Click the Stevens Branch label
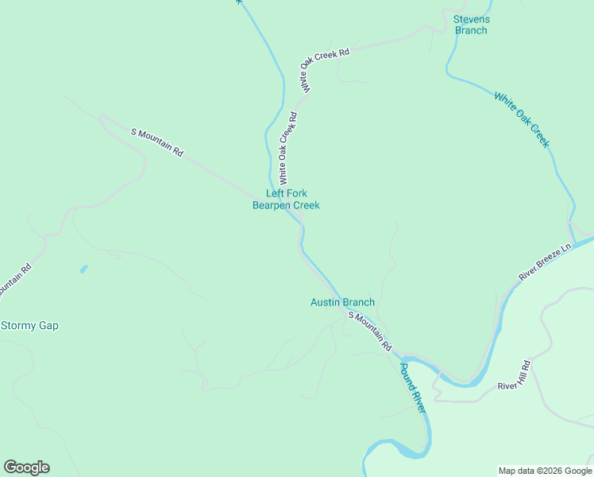471,25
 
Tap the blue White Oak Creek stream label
522,119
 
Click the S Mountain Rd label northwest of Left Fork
156,142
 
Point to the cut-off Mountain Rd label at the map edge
14,281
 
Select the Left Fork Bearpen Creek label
286,200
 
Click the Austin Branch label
341,302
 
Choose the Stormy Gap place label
29,325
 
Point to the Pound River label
412,388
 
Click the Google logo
26,467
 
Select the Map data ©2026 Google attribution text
544,471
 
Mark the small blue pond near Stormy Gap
83,270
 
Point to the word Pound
407,378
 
